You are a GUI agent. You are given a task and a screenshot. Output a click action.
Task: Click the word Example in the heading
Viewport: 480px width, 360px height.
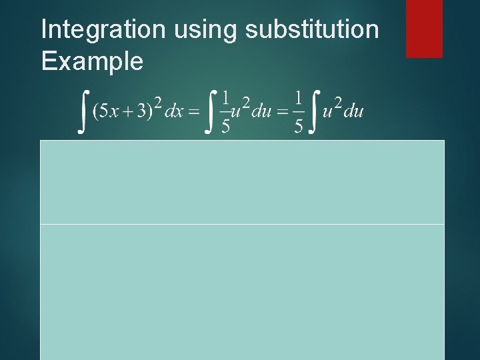(92, 61)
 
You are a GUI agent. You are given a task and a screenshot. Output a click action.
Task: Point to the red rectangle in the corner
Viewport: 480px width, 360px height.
(424, 28)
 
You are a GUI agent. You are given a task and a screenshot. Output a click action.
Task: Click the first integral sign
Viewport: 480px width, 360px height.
(83, 111)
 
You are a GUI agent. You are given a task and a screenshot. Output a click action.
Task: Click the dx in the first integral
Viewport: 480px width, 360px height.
(174, 112)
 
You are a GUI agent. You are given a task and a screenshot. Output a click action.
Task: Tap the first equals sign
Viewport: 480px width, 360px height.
(193, 112)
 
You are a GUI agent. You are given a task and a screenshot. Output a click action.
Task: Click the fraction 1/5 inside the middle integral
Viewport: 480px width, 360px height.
(226, 111)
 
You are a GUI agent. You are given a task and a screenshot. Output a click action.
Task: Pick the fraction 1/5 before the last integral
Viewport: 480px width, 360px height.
(299, 111)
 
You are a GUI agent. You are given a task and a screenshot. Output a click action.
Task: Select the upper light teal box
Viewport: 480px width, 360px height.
(242, 182)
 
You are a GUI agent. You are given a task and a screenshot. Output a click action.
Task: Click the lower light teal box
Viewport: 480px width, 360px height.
(242, 291)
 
